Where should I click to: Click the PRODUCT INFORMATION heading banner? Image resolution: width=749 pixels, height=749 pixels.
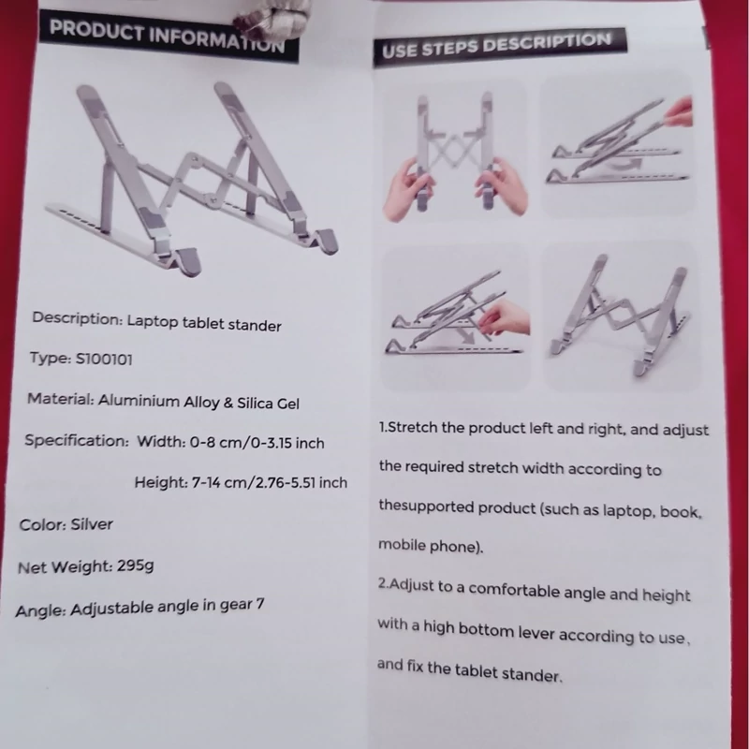(x=169, y=36)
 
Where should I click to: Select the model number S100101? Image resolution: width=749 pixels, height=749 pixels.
(x=104, y=359)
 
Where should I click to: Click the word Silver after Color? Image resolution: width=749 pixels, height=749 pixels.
(x=92, y=524)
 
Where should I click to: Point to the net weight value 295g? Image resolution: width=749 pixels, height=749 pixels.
(x=135, y=566)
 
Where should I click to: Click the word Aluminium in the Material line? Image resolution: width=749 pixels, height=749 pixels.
(x=139, y=401)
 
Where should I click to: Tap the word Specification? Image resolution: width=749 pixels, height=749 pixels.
(x=77, y=440)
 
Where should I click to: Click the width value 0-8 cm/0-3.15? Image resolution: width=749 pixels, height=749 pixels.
(x=241, y=442)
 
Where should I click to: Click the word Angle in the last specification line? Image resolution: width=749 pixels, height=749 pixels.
(x=40, y=611)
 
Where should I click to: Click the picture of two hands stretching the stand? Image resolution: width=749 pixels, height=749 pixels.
(x=455, y=151)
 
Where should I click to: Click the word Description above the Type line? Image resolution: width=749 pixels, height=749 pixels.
(x=78, y=318)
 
